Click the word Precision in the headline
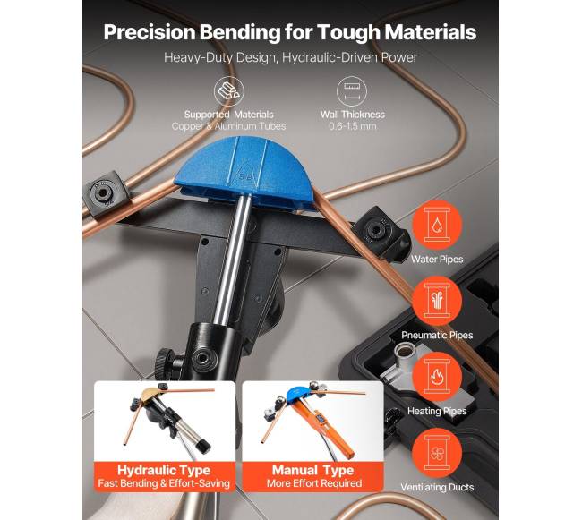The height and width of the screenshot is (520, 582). [x=150, y=32]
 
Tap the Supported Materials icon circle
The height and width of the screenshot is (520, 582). [x=228, y=91]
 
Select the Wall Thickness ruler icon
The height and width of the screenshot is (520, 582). [x=352, y=91]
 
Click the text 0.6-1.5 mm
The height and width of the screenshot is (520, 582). [x=352, y=126]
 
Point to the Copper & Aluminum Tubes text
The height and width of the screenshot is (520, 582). [x=228, y=126]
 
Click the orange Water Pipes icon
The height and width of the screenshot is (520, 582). [x=437, y=225]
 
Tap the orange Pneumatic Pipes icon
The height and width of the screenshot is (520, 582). [x=437, y=301]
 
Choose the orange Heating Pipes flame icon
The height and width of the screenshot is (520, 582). [x=437, y=377]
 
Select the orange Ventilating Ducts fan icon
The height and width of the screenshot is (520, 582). [x=437, y=453]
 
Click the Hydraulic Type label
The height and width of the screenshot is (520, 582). [x=164, y=470]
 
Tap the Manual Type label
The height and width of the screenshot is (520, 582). [x=312, y=470]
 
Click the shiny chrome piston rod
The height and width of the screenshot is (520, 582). [x=234, y=260]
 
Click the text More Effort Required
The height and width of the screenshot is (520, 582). [x=314, y=483]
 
